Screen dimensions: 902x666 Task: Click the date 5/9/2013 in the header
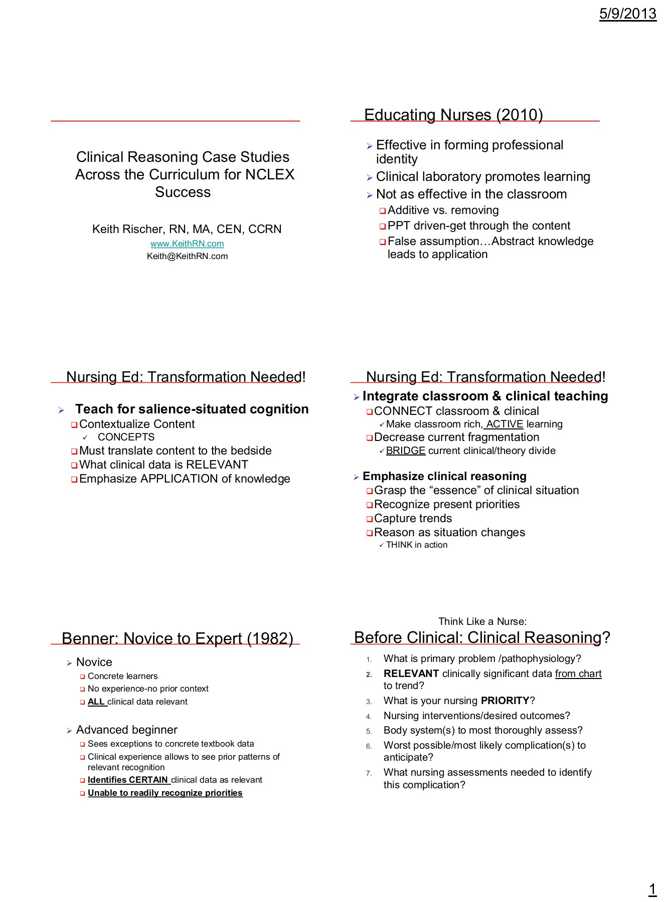627,14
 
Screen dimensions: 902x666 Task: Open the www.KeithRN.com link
187,244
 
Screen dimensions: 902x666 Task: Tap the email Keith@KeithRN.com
187,256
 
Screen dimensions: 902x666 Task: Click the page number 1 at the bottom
652,889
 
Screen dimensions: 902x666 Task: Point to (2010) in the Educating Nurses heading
520,115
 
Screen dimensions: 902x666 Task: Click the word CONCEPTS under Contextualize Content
126,437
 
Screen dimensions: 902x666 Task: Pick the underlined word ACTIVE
505,424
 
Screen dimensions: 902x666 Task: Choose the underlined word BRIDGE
406,450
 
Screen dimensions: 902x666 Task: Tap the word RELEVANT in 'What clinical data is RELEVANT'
217,465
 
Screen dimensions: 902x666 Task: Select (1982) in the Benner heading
270,638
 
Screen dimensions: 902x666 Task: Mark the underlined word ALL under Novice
96,702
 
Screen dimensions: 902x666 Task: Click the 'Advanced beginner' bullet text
126,730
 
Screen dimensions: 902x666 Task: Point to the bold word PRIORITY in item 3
505,701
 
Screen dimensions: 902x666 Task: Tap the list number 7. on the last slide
369,773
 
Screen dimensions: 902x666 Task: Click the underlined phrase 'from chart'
578,673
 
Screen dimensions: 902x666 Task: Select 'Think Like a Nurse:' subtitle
482,621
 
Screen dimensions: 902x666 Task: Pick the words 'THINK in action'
416,545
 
